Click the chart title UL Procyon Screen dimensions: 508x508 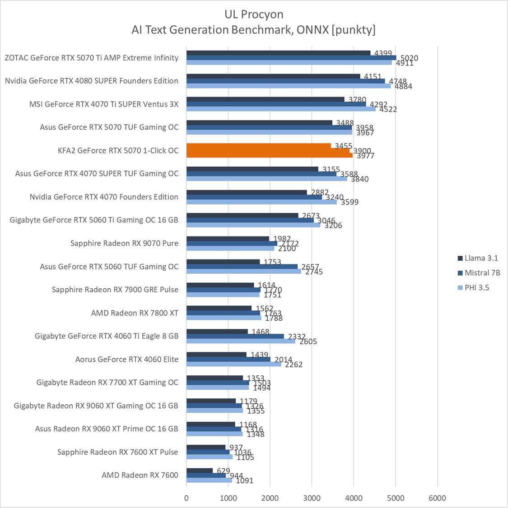(x=254, y=14)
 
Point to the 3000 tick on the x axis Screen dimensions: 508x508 (x=312, y=498)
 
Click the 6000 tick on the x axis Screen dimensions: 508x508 (x=437, y=498)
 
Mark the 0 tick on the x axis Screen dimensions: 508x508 (x=186, y=498)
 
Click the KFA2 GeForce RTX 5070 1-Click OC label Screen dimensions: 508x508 (x=118, y=151)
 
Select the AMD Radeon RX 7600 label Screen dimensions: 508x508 (x=140, y=475)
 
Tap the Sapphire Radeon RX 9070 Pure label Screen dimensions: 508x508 (x=124, y=243)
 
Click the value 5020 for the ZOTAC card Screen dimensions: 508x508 (x=409, y=58)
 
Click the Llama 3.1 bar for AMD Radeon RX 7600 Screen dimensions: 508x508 (x=200, y=471)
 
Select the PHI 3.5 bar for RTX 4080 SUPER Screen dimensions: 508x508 (x=289, y=86)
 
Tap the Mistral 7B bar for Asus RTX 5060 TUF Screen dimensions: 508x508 (x=242, y=267)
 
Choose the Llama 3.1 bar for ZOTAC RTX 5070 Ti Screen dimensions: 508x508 (x=278, y=53)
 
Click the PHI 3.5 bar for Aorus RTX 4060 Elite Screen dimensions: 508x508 (x=233, y=365)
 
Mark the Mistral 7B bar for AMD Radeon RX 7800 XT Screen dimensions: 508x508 (x=223, y=313)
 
